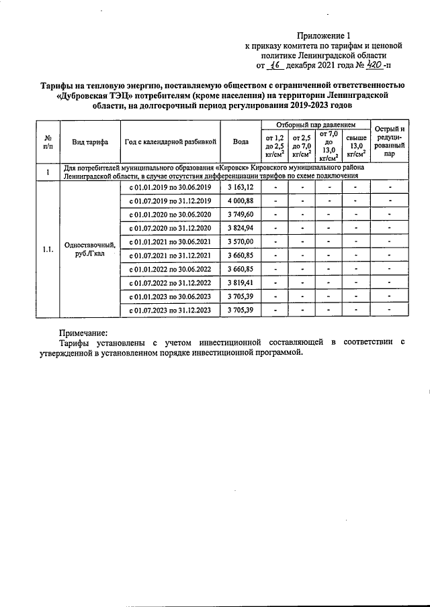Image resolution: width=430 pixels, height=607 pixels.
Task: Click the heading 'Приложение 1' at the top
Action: (x=325, y=36)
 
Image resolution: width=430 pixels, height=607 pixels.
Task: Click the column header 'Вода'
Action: (x=241, y=142)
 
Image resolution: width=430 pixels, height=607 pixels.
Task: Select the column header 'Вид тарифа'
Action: (x=90, y=142)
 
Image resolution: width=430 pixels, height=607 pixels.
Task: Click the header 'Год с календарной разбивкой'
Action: (x=170, y=142)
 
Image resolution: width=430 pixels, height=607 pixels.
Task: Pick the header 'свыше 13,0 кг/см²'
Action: (x=355, y=146)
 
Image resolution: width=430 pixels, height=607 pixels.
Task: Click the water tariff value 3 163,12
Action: (x=241, y=186)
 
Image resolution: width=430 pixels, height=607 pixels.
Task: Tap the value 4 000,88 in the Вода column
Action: (x=241, y=201)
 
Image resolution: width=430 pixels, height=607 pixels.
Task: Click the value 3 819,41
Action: (x=241, y=282)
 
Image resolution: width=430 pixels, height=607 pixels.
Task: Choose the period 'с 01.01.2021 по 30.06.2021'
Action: (x=170, y=241)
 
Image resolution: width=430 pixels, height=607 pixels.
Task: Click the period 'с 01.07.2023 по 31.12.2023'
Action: (x=170, y=310)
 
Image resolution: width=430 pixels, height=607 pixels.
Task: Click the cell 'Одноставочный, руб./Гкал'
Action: (x=90, y=249)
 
